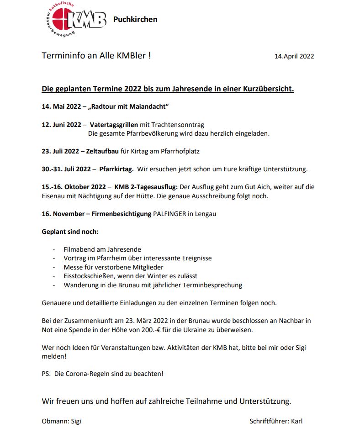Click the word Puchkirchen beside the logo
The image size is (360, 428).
[135, 19]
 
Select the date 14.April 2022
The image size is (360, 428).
[294, 56]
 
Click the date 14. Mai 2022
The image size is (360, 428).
[61, 107]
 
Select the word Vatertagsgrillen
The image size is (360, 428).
[114, 125]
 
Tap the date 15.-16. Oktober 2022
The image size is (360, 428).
[74, 187]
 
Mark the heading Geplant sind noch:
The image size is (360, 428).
[70, 232]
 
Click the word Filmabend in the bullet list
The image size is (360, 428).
[78, 249]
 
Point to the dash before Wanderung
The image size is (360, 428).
[53, 285]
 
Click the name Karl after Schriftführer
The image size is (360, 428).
[296, 421]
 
